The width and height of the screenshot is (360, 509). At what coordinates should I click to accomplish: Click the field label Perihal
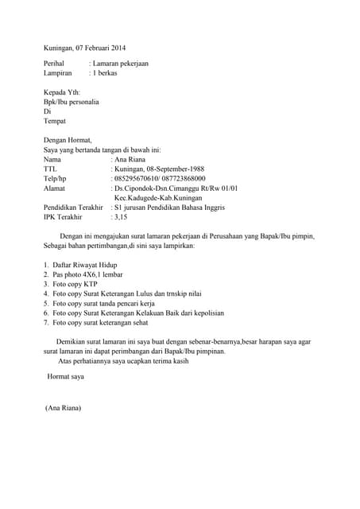pos(56,64)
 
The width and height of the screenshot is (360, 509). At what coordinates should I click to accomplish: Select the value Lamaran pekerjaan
pos(122,64)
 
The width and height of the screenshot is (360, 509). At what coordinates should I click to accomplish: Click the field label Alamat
pos(55,188)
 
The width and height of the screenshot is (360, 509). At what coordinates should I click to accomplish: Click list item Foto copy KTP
pos(76,284)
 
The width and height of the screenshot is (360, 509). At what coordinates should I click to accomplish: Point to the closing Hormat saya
pos(65,375)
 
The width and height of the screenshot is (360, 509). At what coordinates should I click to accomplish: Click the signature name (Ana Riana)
pos(64,409)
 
